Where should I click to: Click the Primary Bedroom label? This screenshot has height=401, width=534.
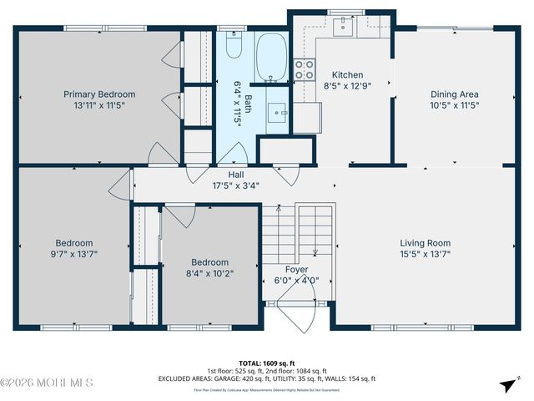99,94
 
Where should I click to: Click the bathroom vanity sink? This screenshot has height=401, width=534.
279,110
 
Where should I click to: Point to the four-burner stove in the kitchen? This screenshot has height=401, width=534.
305,69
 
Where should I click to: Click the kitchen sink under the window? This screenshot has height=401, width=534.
342,25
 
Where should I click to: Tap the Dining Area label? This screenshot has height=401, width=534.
454,94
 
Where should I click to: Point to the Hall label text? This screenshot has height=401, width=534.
236,175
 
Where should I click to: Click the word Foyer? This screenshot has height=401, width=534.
297,270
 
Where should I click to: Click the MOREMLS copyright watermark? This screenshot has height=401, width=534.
47,383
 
